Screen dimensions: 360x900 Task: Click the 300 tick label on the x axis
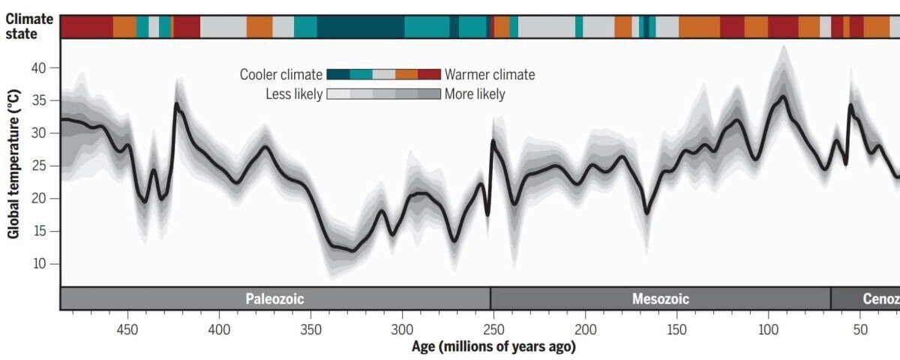click(x=403, y=329)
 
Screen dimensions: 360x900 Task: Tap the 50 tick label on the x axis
click(x=860, y=329)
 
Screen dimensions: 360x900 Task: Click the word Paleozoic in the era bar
click(x=275, y=298)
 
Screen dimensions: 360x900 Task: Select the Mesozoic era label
click(x=660, y=298)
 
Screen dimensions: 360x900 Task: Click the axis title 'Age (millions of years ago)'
click(x=493, y=346)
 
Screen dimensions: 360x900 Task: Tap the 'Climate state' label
click(x=29, y=26)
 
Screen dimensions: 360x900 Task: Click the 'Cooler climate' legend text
click(x=281, y=74)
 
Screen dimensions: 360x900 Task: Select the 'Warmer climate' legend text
click(x=490, y=74)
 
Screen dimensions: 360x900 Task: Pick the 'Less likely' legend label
click(x=294, y=94)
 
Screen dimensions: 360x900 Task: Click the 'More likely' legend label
click(x=475, y=94)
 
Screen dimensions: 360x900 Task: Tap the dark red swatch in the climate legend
click(x=429, y=74)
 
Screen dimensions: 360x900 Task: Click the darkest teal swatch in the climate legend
click(x=338, y=74)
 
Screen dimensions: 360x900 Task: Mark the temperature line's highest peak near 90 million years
click(x=783, y=96)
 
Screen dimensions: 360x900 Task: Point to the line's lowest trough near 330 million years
click(x=352, y=250)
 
